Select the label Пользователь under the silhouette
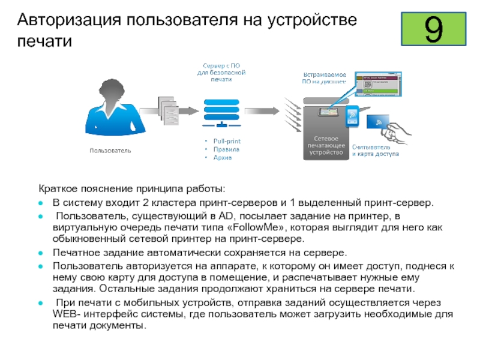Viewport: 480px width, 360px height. coord(110,150)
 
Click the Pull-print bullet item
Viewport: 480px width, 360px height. coord(227,141)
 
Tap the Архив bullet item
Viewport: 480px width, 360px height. coord(223,157)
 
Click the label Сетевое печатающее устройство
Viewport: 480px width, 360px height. coord(326,145)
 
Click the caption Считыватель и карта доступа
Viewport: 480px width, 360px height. coord(375,150)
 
